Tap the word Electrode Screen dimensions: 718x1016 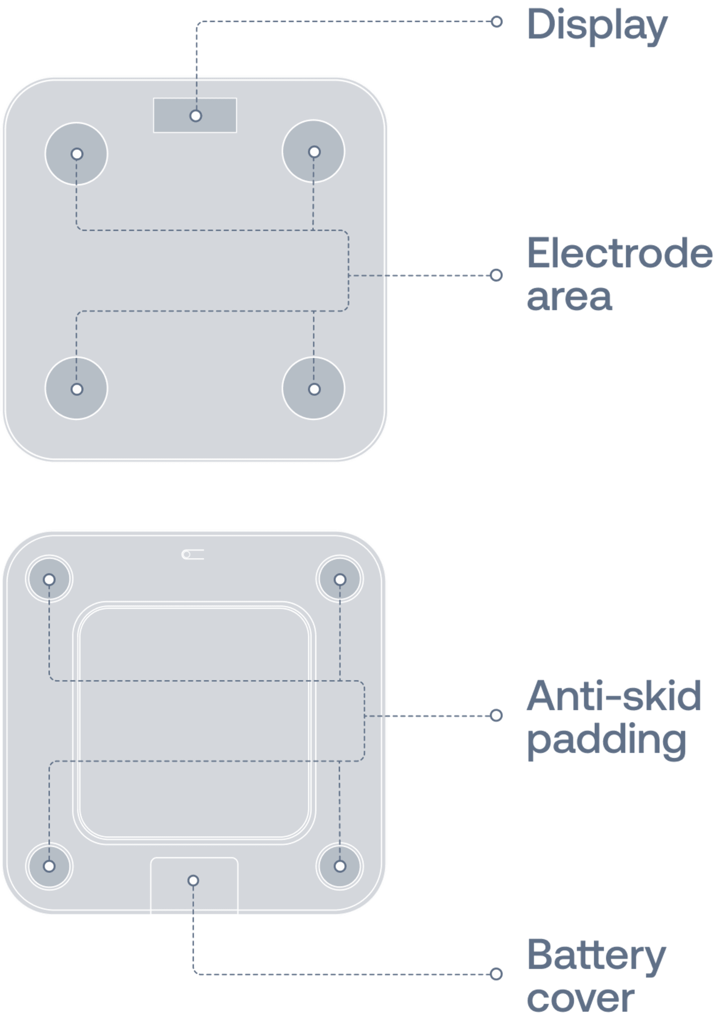619,253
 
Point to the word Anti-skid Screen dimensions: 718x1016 614,696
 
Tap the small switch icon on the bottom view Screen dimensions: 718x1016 193,555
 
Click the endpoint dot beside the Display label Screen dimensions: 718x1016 497,21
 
